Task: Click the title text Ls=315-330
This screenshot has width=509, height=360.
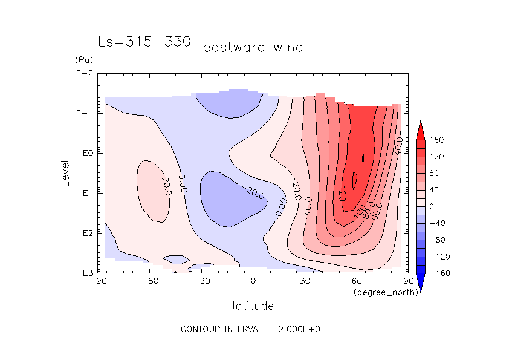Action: click(x=145, y=42)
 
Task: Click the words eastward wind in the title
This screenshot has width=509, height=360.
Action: click(x=253, y=47)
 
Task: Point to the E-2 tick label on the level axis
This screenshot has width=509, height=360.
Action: click(x=84, y=74)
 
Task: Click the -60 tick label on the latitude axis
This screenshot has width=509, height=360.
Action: click(x=149, y=281)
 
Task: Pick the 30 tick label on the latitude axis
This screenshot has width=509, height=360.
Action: click(x=305, y=281)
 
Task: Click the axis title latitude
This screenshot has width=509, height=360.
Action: click(x=253, y=306)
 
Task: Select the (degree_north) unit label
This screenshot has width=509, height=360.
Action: click(x=380, y=292)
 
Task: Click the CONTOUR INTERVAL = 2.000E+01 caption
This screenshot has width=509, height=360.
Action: click(x=253, y=329)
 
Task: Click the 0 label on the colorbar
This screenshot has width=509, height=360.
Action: click(x=432, y=207)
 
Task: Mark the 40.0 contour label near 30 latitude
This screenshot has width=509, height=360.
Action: click(x=308, y=205)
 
